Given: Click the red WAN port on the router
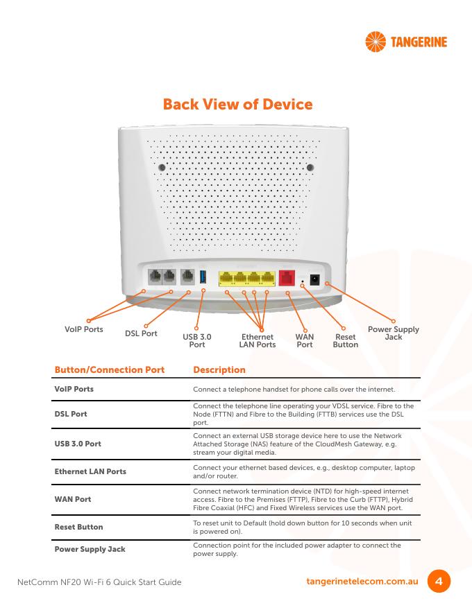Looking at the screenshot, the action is pos(287,278).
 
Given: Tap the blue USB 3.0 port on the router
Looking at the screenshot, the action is pos(203,277).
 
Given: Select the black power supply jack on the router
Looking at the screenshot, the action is pos(314,280).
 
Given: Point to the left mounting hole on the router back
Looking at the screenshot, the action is pos(162,167).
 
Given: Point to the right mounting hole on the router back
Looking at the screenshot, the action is pos(310,167).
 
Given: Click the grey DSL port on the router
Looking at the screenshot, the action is pos(187,277).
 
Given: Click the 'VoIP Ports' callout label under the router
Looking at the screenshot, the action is pos(84,329).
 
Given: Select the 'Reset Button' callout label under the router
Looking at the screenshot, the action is pos(346,340).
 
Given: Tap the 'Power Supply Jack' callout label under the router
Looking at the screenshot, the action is pos(394,333).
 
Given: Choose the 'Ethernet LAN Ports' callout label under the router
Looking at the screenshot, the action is pos(258,340).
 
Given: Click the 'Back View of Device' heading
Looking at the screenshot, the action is pos(237,104).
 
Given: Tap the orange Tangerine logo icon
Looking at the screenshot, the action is pos(376,42).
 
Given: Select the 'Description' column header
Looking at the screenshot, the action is pos(219,369).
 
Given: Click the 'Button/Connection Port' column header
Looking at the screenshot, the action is pos(110,369).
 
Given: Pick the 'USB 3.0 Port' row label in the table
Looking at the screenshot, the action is pos(78,444).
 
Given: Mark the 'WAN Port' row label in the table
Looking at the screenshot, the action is pos(73,499).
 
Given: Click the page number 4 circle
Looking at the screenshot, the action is pos(439,581).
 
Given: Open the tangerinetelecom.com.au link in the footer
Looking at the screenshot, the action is pos(362,581).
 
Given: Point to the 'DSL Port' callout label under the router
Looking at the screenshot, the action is pos(141,333).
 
